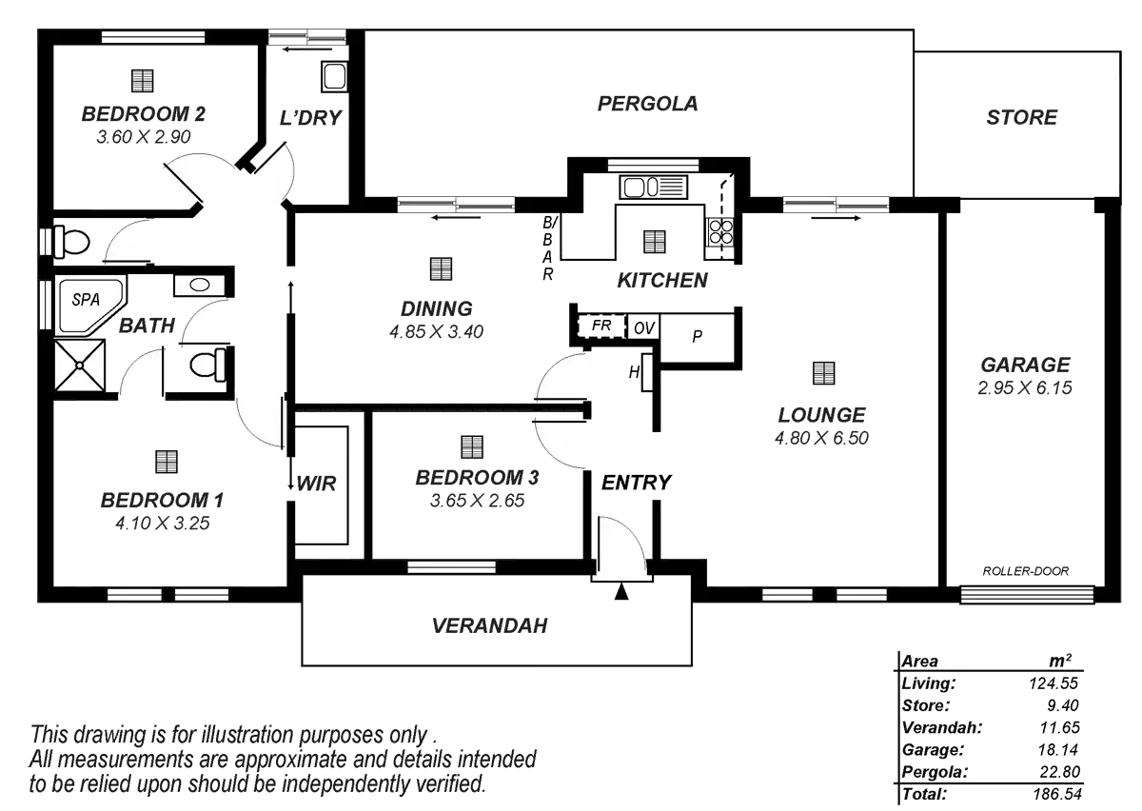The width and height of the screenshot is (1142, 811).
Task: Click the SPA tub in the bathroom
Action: (89, 304)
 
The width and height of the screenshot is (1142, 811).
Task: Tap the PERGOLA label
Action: (647, 104)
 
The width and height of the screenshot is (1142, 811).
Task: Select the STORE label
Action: (1022, 119)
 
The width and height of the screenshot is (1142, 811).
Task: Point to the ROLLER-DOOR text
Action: (1026, 572)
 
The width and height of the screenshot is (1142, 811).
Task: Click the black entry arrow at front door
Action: (621, 592)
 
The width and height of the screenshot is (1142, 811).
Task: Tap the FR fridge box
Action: (601, 326)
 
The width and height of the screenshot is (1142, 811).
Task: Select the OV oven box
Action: (642, 327)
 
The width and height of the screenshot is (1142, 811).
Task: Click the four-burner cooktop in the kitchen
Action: (720, 232)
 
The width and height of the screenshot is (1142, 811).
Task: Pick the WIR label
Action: (317, 484)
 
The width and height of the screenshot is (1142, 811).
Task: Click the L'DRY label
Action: (311, 119)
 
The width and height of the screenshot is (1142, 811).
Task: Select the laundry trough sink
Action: (334, 75)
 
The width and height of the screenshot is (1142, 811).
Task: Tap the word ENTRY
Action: (637, 483)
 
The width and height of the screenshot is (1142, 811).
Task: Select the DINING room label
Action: (436, 309)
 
